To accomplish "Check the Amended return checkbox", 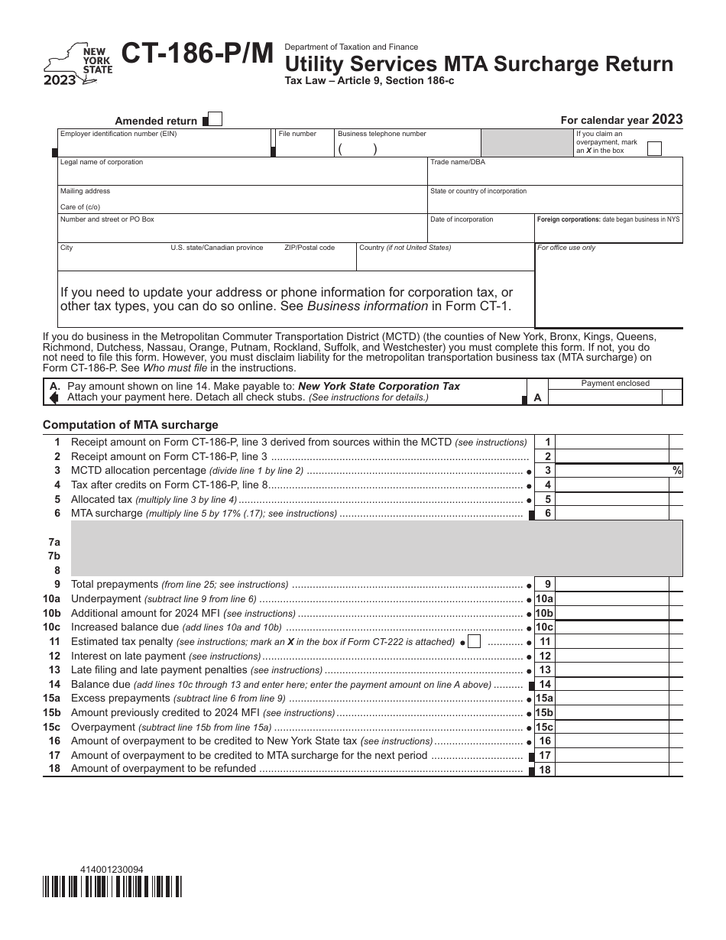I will [215, 119].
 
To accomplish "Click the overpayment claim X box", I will [654, 149].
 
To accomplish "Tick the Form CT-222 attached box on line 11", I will [474, 642].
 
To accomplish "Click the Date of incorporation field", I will [480, 232].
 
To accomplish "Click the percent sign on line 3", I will [676, 471].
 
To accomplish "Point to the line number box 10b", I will [545, 613].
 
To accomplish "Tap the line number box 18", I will [545, 770].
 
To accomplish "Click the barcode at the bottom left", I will [112, 887].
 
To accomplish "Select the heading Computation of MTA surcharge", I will [130, 425].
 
